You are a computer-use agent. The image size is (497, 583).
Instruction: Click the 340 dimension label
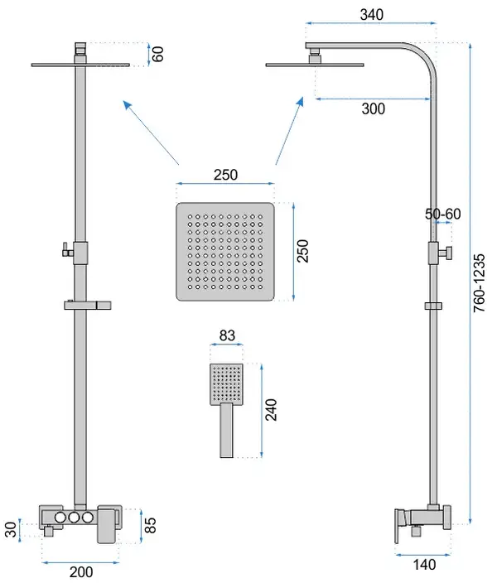(x=371, y=15)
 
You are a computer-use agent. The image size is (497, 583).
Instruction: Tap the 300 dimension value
(x=373, y=109)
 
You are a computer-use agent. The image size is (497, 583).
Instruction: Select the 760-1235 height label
(x=480, y=283)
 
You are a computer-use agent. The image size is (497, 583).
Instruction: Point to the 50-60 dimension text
(x=442, y=214)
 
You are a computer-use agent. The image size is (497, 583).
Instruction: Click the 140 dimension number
(x=424, y=565)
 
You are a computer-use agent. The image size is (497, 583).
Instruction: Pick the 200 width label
(x=81, y=572)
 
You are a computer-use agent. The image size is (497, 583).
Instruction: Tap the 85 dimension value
(x=150, y=525)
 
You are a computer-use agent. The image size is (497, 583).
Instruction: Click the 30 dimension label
(x=11, y=529)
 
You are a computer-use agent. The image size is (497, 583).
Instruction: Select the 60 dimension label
(x=157, y=54)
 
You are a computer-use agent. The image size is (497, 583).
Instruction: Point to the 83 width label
(x=227, y=335)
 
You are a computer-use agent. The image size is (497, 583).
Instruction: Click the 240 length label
(x=271, y=410)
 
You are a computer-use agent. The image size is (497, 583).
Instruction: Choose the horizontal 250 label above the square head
(x=225, y=175)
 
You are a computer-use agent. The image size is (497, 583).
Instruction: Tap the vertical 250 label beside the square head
(x=303, y=252)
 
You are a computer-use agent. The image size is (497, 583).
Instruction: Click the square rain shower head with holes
(x=225, y=252)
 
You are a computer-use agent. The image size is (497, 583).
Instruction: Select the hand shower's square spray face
(x=227, y=384)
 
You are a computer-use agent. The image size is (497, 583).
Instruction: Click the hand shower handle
(x=227, y=430)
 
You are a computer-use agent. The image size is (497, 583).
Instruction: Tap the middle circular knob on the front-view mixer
(x=74, y=518)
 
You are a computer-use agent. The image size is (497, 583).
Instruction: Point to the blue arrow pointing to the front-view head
(x=151, y=132)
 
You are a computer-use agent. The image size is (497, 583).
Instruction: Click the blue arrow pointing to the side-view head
(x=289, y=131)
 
